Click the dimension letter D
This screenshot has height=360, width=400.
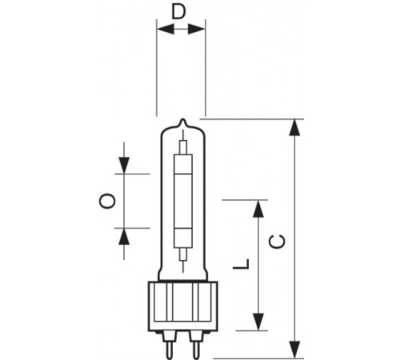[x=178, y=11]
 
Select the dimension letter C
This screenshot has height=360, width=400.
[x=278, y=242]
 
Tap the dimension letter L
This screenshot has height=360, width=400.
[x=241, y=264]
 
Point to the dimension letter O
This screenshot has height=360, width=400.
[x=107, y=201]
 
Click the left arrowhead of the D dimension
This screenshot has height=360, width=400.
[x=166, y=29]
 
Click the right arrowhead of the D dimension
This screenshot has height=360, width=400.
[x=197, y=29]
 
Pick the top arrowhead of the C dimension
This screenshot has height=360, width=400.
[x=294, y=128]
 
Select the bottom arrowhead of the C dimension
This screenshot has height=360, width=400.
[x=294, y=350]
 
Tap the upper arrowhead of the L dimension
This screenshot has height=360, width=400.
[x=258, y=209]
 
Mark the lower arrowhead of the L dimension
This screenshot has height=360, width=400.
[x=258, y=322]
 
